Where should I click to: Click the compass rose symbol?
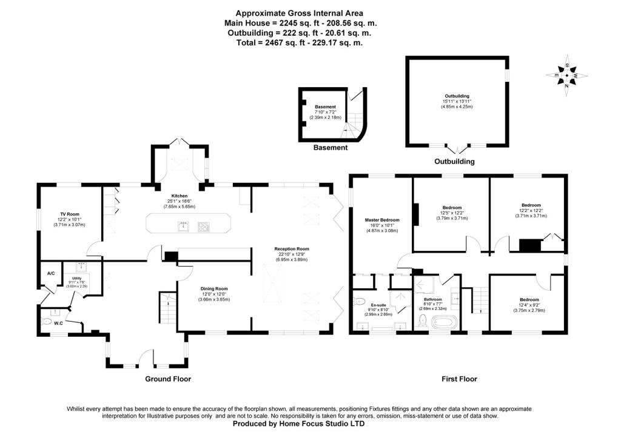click(x=566, y=76)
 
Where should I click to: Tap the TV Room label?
click(x=70, y=214)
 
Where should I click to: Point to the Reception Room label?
click(x=292, y=249)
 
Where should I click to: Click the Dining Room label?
click(x=213, y=289)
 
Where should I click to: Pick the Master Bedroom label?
click(x=382, y=220)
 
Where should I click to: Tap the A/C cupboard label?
click(x=51, y=274)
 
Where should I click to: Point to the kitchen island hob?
click(x=204, y=227)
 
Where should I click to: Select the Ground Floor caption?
click(x=168, y=379)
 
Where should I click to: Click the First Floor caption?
click(x=458, y=379)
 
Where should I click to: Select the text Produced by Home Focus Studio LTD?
click(x=299, y=424)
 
